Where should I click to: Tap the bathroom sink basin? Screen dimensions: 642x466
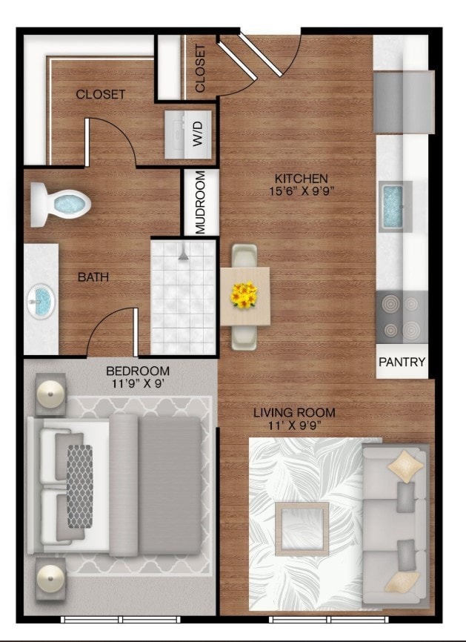click(x=41, y=301)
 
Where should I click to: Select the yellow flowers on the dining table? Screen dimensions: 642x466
click(x=244, y=295)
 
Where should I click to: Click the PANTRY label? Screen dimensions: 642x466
click(x=402, y=363)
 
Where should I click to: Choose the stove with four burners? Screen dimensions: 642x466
click(x=402, y=316)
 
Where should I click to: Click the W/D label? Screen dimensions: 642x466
click(x=198, y=134)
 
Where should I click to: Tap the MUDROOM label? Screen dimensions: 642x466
click(x=200, y=202)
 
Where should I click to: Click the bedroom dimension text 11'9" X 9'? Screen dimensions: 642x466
click(x=138, y=384)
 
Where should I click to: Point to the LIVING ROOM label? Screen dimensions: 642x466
click(x=294, y=412)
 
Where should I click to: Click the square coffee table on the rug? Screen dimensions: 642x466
click(x=302, y=528)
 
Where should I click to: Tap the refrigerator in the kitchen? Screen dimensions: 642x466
click(x=404, y=102)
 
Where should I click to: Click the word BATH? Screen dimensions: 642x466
click(x=93, y=277)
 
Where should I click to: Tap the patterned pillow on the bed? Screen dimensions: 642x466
click(x=80, y=485)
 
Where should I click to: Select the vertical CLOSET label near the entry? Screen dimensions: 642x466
click(x=200, y=68)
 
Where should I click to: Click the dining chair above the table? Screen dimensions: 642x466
click(x=244, y=257)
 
